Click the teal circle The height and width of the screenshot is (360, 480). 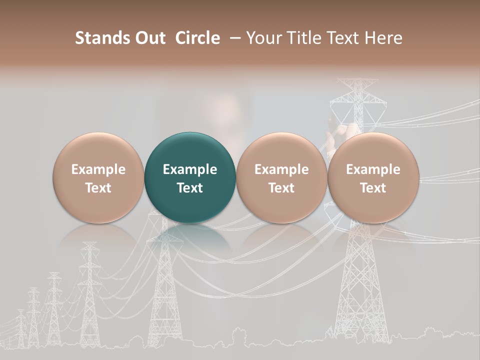click(x=189, y=178)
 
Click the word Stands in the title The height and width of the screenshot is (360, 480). click(x=102, y=38)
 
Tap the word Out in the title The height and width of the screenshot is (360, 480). click(x=149, y=38)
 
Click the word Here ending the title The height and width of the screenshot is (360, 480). click(x=384, y=38)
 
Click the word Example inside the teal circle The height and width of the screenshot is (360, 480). click(x=190, y=169)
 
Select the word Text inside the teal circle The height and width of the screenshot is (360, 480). click(x=190, y=188)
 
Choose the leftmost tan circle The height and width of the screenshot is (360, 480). click(x=98, y=178)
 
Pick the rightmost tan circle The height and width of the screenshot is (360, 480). click(x=373, y=178)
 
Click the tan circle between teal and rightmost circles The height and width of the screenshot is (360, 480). click(x=281, y=178)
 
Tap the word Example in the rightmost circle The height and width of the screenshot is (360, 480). click(x=373, y=169)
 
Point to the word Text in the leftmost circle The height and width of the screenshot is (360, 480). click(x=98, y=188)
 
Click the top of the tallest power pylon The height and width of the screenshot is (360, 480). click(x=358, y=82)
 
